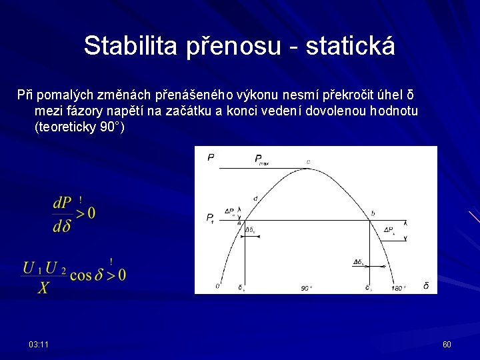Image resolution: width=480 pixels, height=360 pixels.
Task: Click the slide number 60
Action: pos(447,344)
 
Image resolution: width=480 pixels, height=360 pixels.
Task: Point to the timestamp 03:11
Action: pos(38,344)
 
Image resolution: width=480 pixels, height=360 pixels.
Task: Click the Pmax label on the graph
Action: pos(261,159)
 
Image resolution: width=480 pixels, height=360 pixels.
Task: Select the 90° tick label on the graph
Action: pos(306,288)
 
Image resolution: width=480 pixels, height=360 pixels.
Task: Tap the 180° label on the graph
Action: pos(398,288)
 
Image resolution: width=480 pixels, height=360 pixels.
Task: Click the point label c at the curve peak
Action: pos(308,162)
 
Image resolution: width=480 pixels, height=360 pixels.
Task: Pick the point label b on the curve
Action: pos(373,213)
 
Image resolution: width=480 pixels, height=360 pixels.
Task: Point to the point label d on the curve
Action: pos(255,199)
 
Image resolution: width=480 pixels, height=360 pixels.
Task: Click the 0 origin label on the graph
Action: pos(217,287)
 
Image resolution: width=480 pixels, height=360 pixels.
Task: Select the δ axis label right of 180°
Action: pos(426,286)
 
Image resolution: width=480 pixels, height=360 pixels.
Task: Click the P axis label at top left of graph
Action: pos(211,157)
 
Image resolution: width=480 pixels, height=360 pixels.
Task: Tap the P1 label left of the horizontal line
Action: pos(210,217)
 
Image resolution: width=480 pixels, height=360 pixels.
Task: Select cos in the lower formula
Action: pos(81,275)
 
